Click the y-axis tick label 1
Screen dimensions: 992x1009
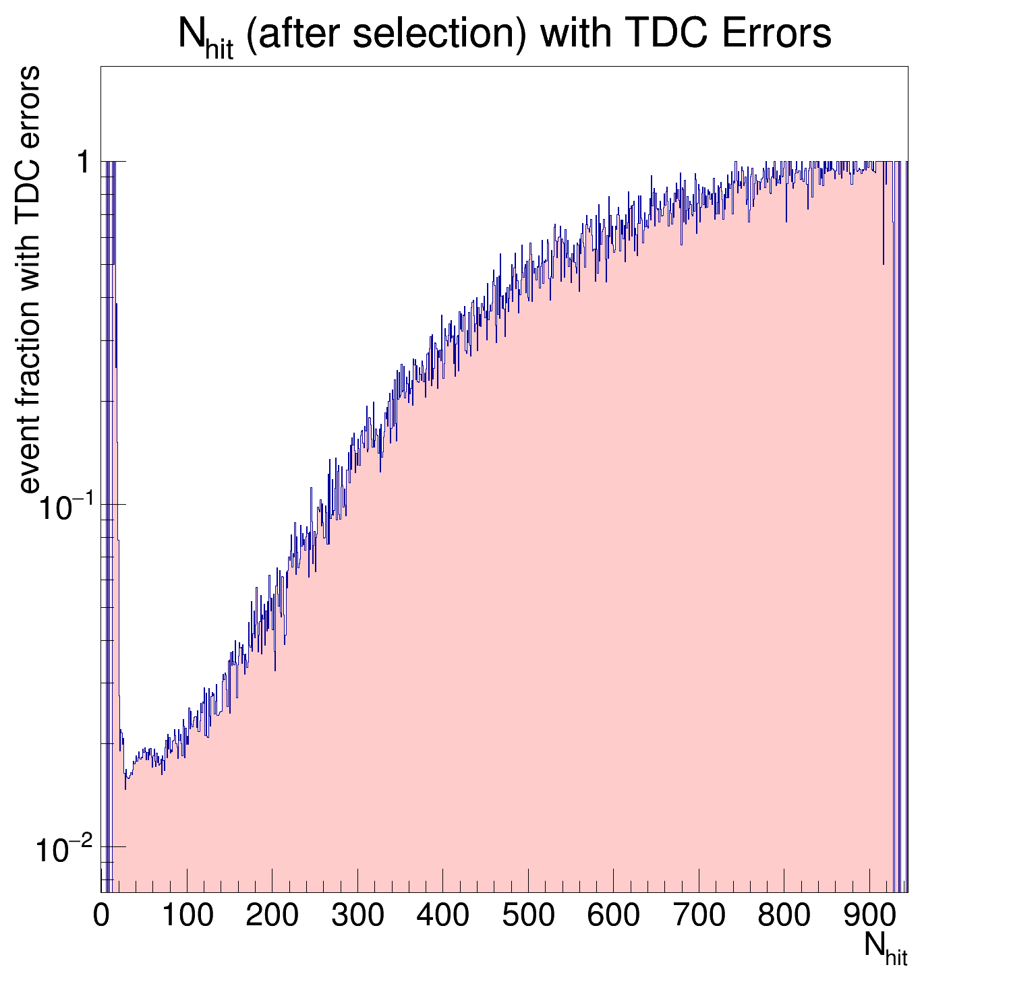click(84, 162)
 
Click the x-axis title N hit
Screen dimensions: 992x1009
click(886, 949)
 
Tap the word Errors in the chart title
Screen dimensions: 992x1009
click(776, 34)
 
